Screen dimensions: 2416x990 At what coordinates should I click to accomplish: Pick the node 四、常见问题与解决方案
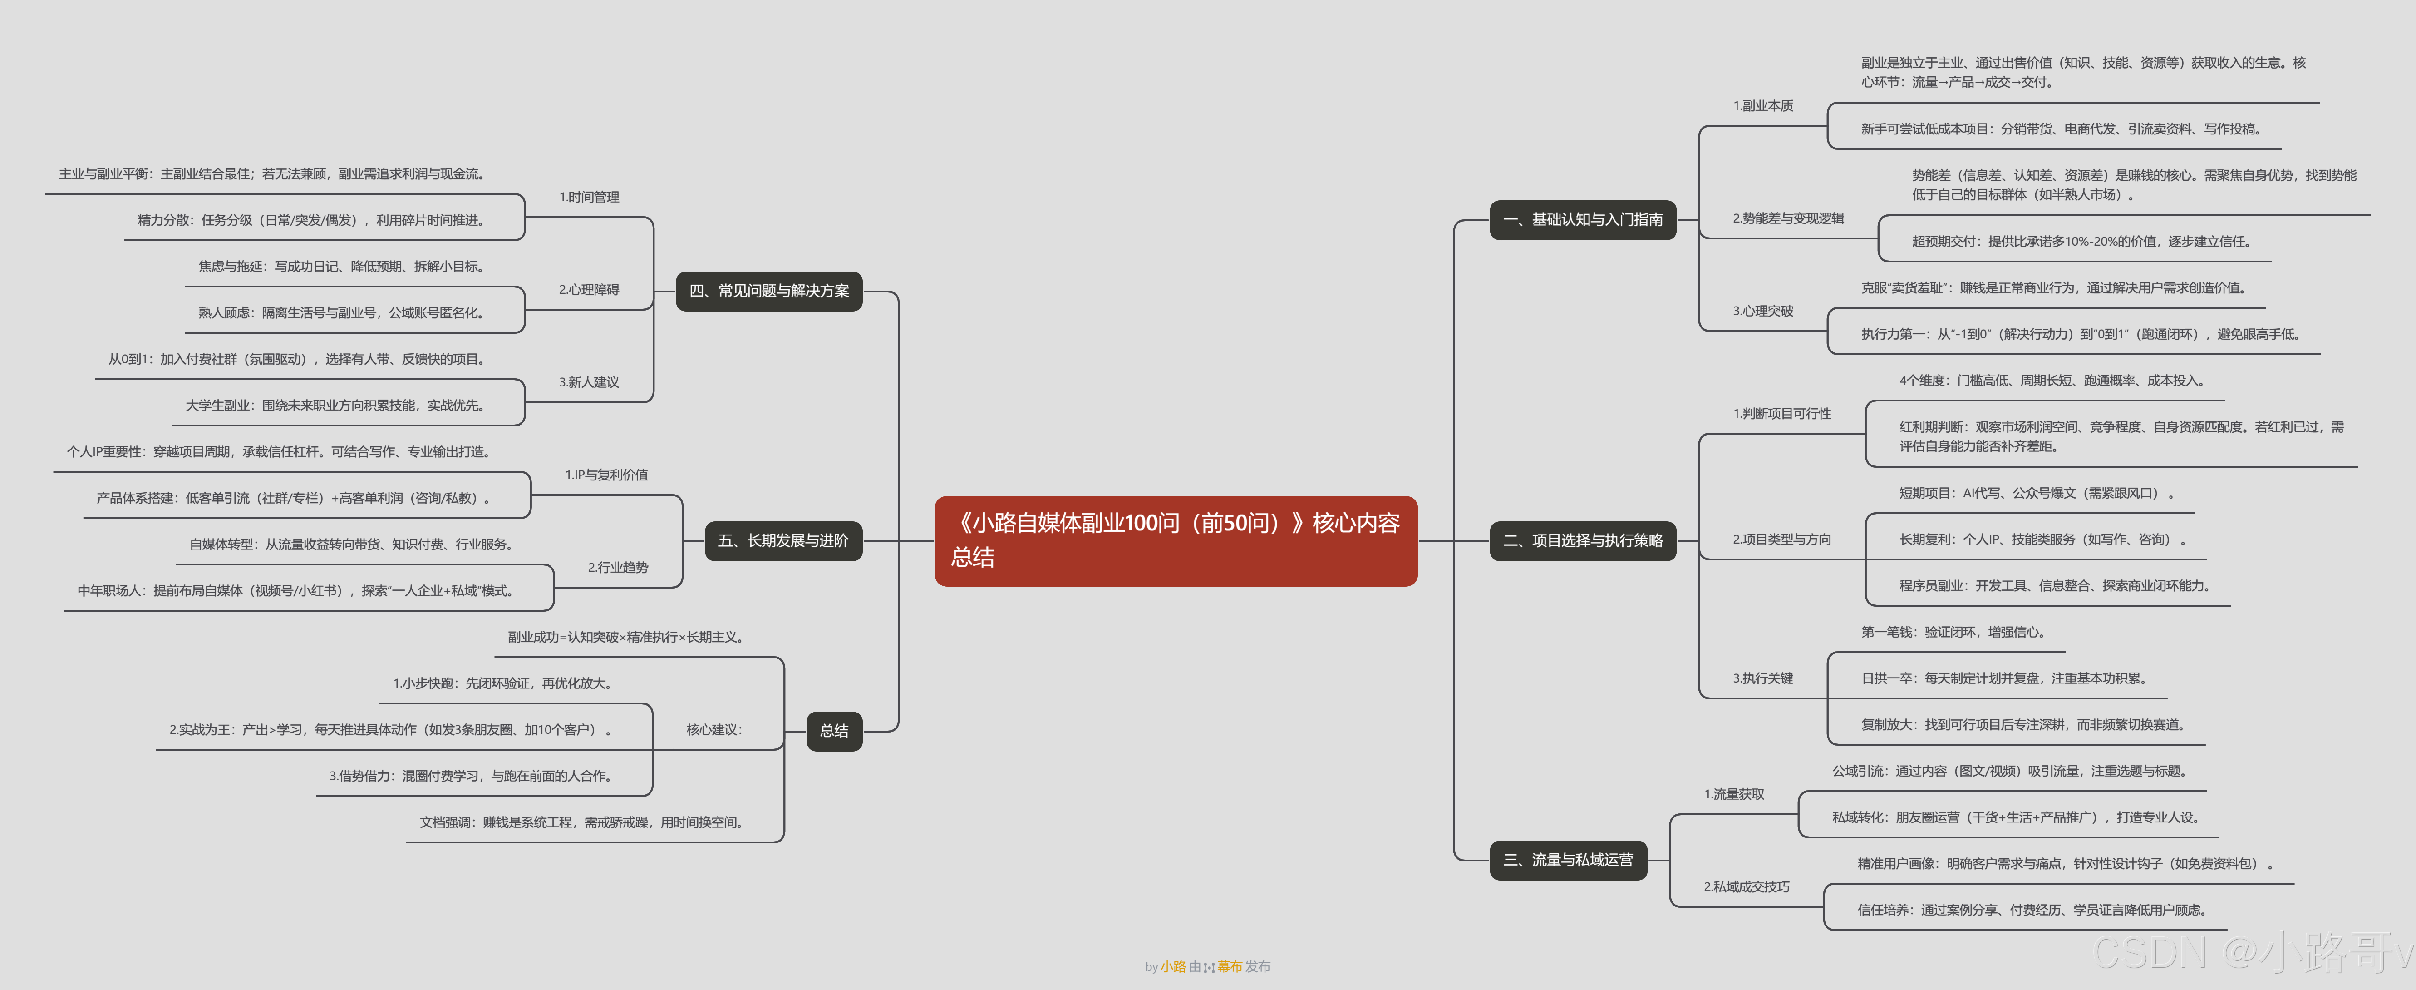769,291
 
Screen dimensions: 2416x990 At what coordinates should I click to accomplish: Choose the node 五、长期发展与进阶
783,540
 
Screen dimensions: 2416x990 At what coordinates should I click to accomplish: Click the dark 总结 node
834,730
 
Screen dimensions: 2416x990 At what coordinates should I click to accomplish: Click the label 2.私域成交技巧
1747,887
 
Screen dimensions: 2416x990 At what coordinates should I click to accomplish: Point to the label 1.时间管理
589,197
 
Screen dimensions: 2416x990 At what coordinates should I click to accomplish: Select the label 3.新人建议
589,382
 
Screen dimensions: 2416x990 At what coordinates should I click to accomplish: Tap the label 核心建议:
714,730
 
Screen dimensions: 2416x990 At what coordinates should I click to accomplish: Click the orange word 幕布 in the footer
1230,966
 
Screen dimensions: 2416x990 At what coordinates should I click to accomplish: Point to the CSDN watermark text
2251,952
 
